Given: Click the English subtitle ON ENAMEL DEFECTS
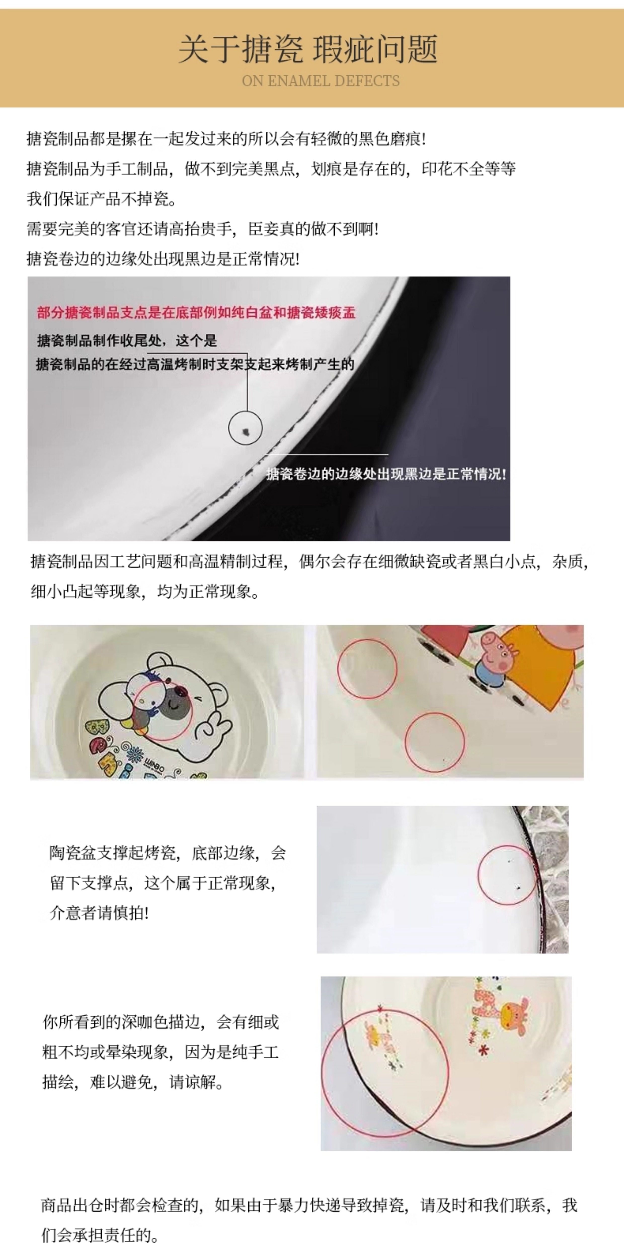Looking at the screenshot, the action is pos(321,81).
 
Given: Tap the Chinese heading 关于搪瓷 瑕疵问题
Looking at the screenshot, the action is pos(308,49).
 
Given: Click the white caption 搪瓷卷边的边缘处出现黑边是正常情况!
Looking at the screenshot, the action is pos(386,474).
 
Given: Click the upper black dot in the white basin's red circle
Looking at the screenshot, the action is pos(509,862).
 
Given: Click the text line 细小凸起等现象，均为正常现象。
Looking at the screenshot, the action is pos(145,592).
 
